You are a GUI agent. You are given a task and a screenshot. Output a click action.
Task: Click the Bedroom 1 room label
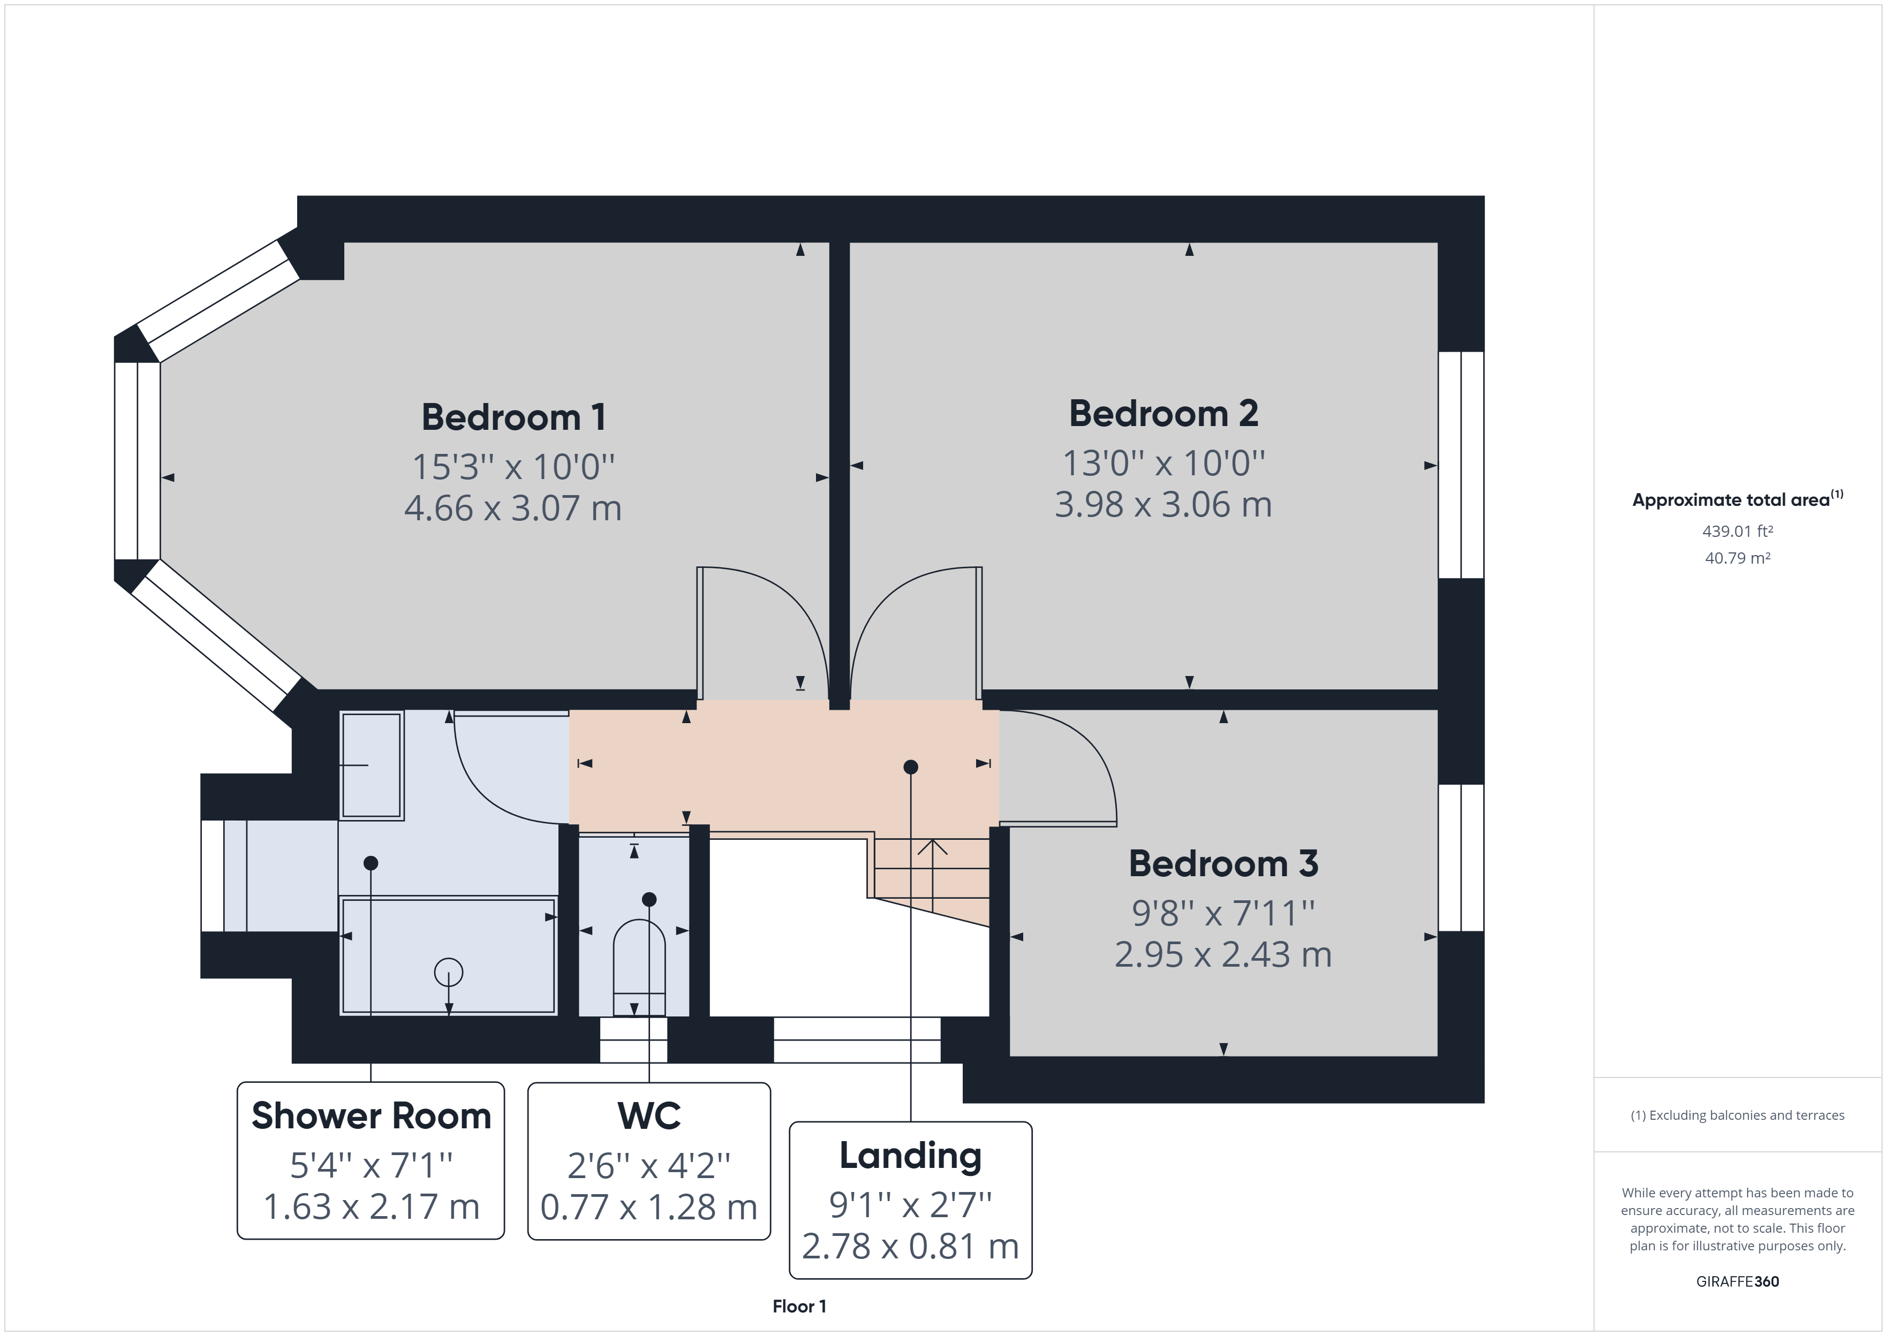[x=513, y=417]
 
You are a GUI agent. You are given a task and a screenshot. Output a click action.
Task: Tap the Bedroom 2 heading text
[x=1163, y=414]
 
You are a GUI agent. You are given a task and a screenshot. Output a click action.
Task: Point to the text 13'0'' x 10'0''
[x=1163, y=463]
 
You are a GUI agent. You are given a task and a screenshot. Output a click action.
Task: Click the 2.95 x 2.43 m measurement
[x=1222, y=954]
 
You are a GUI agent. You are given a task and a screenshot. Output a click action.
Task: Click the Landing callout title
[x=910, y=1156]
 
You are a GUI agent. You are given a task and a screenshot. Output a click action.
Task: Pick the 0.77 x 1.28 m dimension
[x=649, y=1207]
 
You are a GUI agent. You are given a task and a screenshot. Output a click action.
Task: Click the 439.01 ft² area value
[x=1737, y=532]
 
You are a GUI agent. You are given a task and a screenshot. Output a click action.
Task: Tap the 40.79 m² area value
[x=1737, y=558]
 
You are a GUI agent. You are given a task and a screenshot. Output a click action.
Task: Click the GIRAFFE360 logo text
[x=1737, y=1281]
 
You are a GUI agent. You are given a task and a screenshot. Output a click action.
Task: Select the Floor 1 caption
[x=799, y=1307]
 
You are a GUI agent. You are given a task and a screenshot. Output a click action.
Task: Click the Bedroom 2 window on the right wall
[x=1461, y=465]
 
